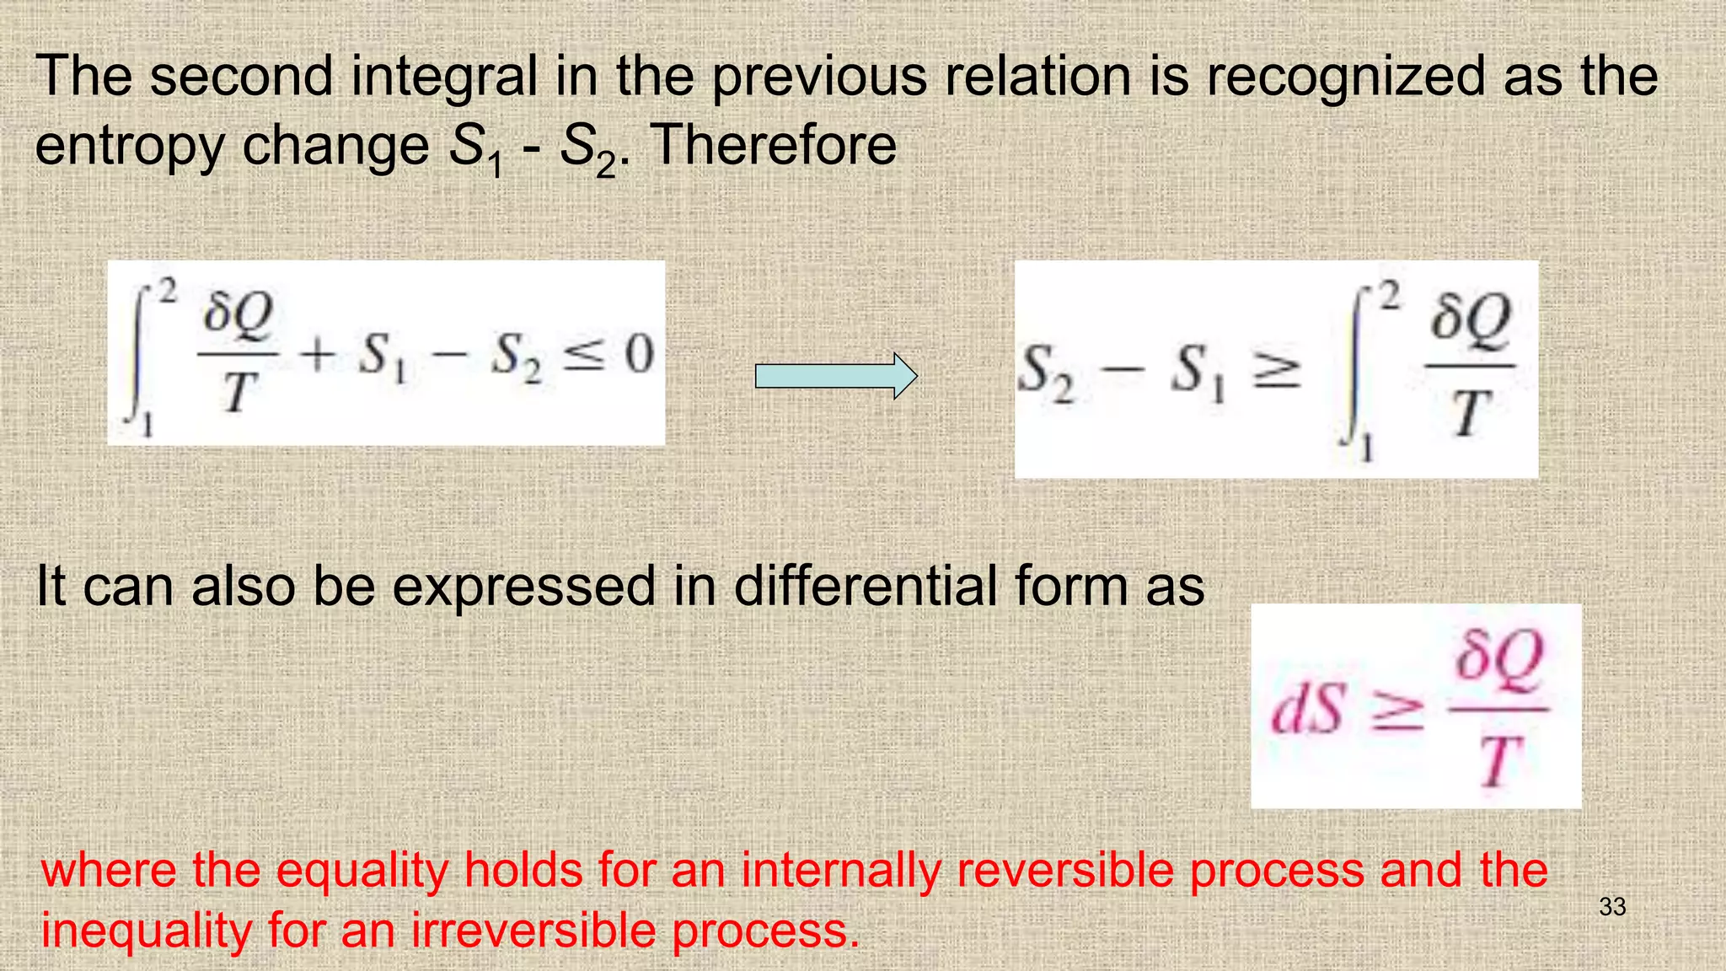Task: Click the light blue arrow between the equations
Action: tap(835, 375)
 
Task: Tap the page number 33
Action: tap(1611, 907)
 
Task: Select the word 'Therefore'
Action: tap(774, 145)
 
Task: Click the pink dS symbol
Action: tap(1306, 710)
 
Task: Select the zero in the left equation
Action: tap(639, 354)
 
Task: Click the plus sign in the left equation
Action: tap(319, 354)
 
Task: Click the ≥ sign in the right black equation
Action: tap(1276, 371)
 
